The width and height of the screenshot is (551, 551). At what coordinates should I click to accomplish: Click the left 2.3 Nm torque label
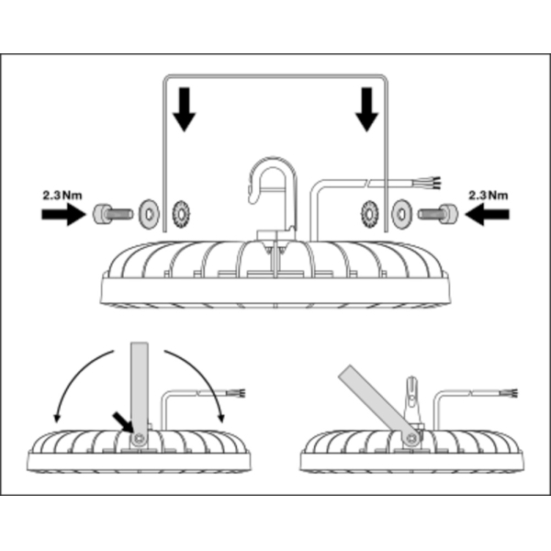click(62, 196)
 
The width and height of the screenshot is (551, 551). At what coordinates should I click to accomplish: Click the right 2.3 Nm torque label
click(488, 196)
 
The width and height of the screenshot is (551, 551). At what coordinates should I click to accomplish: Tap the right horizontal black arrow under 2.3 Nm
click(488, 215)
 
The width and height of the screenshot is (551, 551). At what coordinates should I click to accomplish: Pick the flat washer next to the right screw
click(400, 214)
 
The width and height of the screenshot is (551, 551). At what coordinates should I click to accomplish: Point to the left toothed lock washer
click(178, 213)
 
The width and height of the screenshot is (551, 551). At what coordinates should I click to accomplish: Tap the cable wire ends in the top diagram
click(431, 180)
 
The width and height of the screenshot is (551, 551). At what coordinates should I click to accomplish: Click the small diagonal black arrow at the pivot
click(121, 420)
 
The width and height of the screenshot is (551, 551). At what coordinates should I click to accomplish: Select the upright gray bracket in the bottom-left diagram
click(139, 387)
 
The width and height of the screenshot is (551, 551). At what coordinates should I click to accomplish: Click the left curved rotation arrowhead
click(56, 418)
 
